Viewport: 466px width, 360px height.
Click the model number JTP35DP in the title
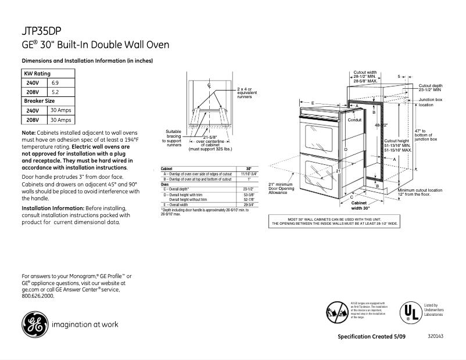[x=41, y=32]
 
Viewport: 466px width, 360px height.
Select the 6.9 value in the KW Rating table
[x=56, y=83]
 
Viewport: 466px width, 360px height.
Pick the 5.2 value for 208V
[x=56, y=92]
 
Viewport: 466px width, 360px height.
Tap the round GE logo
[x=34, y=325]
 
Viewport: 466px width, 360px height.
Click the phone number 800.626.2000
[x=38, y=296]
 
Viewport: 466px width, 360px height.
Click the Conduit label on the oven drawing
[x=354, y=120]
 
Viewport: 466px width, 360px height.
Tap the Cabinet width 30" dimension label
[x=361, y=205]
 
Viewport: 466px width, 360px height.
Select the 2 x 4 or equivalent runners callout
[x=245, y=93]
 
